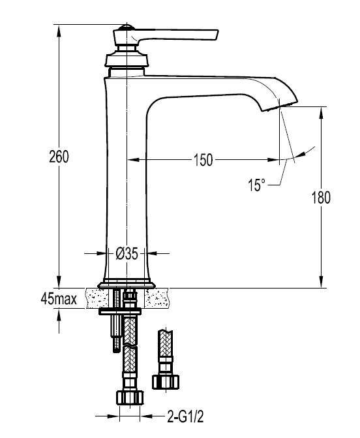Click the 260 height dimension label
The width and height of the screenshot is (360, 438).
[59, 157]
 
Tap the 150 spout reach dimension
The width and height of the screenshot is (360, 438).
[203, 160]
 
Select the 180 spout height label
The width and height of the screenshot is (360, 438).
[321, 198]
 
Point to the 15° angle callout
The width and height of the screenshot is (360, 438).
[257, 185]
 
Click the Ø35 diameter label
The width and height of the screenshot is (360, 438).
[127, 254]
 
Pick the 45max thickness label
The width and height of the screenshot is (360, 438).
[59, 299]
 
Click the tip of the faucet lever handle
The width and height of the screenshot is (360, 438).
[217, 34]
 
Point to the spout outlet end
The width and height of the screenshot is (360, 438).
[280, 107]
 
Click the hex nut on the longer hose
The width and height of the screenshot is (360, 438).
[130, 398]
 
